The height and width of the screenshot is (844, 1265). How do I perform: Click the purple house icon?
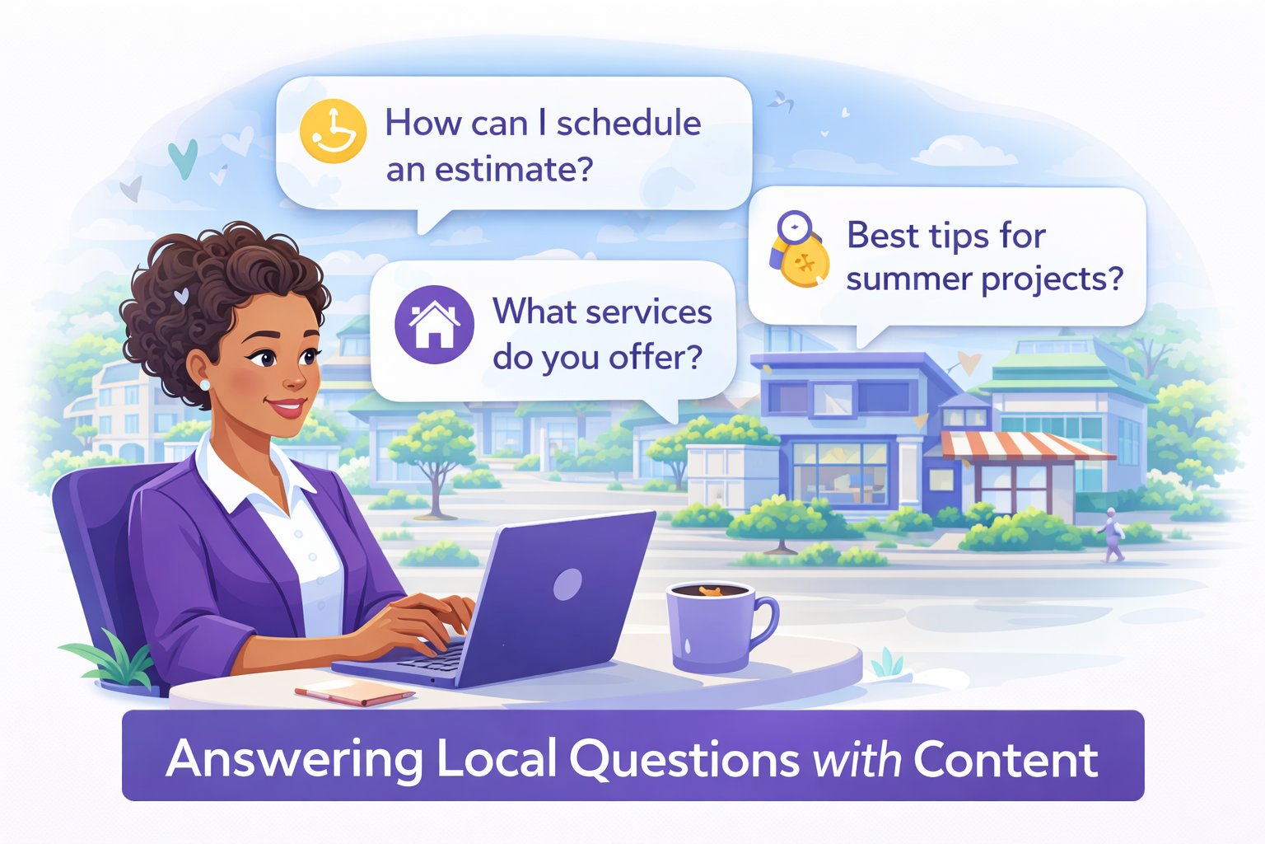434,325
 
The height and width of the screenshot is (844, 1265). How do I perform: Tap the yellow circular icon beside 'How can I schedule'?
333,131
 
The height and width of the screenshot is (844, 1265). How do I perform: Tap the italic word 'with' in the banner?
857,758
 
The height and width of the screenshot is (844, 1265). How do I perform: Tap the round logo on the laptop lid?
567,584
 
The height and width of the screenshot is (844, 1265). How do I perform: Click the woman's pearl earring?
205,385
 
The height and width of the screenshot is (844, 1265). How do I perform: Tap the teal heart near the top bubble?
183,157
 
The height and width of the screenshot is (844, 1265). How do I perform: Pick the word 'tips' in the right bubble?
959,237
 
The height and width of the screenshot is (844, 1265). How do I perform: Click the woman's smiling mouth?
288,407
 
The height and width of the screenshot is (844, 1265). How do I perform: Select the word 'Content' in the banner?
1006,758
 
